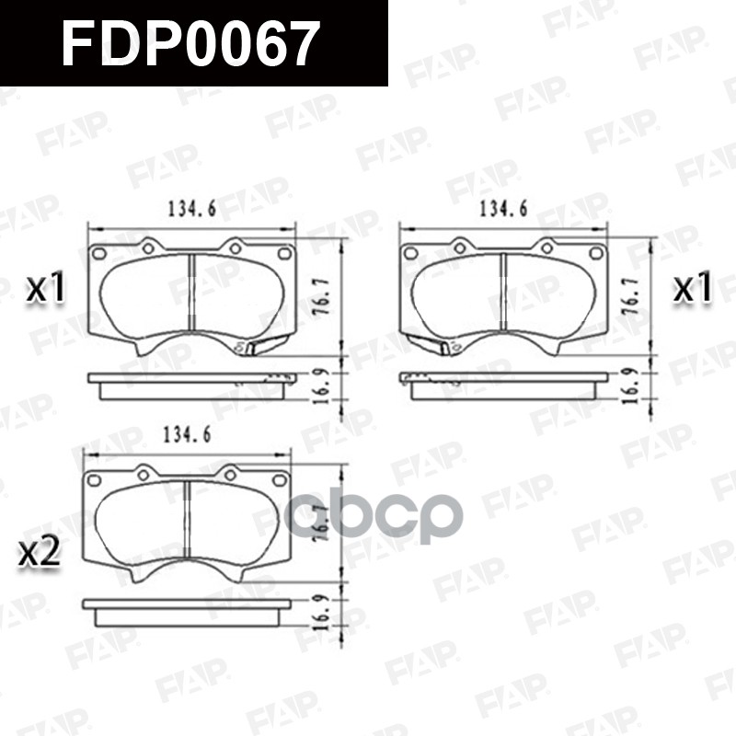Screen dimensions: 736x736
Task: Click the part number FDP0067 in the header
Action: pos(190,43)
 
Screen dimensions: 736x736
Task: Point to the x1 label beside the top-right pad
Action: pos(693,290)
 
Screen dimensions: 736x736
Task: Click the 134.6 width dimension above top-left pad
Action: pos(191,210)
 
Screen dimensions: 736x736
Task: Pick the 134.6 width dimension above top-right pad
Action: pos(503,210)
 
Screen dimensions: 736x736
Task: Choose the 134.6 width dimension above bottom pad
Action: pos(186,435)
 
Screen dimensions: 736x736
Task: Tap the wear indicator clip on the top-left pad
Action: pos(263,347)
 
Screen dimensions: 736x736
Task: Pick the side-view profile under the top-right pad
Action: pos(503,384)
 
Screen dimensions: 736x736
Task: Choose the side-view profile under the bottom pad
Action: pos(186,610)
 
